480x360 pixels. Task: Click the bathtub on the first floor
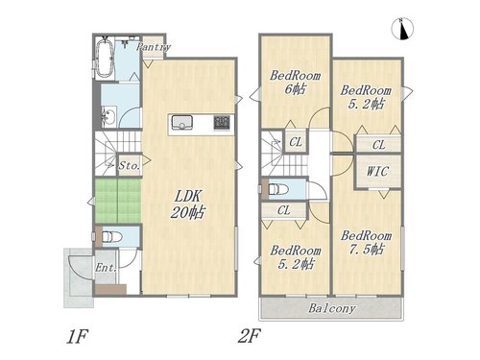pyautogui.click(x=104, y=59)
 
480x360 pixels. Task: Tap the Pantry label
pyautogui.click(x=154, y=47)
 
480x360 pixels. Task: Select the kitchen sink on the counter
pyautogui.click(x=181, y=123)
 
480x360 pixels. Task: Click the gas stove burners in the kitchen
pyautogui.click(x=222, y=123)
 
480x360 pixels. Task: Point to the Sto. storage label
pyautogui.click(x=130, y=166)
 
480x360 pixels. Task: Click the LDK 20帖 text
pyautogui.click(x=187, y=204)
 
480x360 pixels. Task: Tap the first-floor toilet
pyautogui.click(x=111, y=237)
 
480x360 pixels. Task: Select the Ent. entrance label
pyautogui.click(x=106, y=268)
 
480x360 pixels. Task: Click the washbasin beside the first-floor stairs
pyautogui.click(x=108, y=117)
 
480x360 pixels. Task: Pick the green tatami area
pyautogui.click(x=118, y=201)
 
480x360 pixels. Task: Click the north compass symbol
pyautogui.click(x=402, y=29)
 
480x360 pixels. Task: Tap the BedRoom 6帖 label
pyautogui.click(x=295, y=83)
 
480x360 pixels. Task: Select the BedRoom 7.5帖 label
pyautogui.click(x=366, y=243)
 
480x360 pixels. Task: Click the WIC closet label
pyautogui.click(x=377, y=171)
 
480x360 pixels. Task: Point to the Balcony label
pyautogui.click(x=332, y=308)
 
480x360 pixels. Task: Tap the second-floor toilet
pyautogui.click(x=278, y=189)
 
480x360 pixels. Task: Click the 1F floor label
pyautogui.click(x=77, y=337)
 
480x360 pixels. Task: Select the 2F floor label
pyautogui.click(x=249, y=336)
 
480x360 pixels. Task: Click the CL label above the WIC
pyautogui.click(x=379, y=145)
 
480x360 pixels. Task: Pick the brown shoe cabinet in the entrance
pyautogui.click(x=110, y=289)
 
